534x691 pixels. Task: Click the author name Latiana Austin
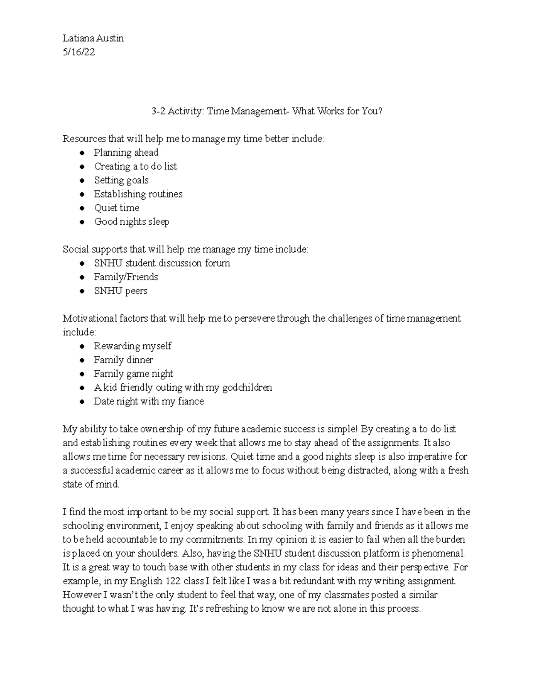(x=93, y=38)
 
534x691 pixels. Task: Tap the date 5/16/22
(x=79, y=52)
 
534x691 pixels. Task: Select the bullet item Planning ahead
(x=126, y=153)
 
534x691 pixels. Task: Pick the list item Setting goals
(x=121, y=180)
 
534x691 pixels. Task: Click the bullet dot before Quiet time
(x=82, y=208)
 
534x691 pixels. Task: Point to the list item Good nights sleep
(x=131, y=222)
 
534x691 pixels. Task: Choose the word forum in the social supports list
(x=217, y=263)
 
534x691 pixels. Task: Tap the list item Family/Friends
(x=126, y=277)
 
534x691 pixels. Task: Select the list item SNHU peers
(x=120, y=291)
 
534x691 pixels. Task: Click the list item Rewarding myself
(x=132, y=346)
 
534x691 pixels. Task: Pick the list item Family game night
(x=133, y=374)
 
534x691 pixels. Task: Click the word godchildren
(x=247, y=388)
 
